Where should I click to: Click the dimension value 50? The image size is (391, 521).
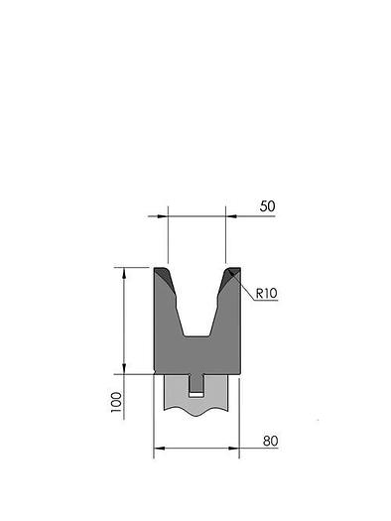[267, 206]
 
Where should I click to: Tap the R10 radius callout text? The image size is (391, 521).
[266, 294]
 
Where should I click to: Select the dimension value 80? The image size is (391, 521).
[270, 441]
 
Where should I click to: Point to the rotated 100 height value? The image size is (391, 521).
[116, 402]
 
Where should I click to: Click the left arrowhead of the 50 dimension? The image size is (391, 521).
[163, 216]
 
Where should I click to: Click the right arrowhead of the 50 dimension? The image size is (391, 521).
[231, 216]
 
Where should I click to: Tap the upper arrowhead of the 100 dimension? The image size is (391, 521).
[124, 273]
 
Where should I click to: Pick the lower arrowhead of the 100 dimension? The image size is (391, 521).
[124, 368]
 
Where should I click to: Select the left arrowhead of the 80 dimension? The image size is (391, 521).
[160, 449]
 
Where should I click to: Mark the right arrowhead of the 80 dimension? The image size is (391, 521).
[234, 449]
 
